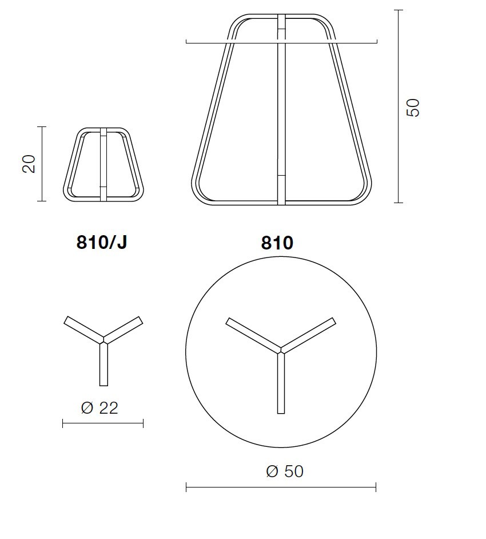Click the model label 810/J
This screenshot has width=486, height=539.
tap(102, 243)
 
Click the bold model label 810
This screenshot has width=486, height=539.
tap(277, 243)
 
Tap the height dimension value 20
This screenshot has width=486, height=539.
tap(29, 164)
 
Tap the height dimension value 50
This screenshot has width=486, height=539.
tap(412, 108)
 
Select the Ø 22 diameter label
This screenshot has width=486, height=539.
tap(99, 408)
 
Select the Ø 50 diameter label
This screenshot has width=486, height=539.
tap(285, 471)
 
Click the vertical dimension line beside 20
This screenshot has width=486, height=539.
tap(42, 164)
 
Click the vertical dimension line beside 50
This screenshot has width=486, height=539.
tap(398, 106)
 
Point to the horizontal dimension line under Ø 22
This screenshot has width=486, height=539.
tap(103, 423)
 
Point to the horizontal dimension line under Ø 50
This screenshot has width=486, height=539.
tap(281, 487)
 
